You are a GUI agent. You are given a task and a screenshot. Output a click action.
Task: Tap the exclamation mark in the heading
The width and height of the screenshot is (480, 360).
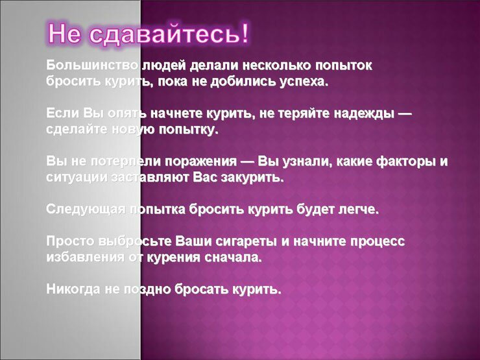pyautogui.click(x=245, y=32)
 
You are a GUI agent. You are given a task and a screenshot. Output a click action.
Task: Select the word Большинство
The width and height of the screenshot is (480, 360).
pyautogui.click(x=92, y=66)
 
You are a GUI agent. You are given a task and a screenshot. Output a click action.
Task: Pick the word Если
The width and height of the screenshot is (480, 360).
pyautogui.click(x=63, y=114)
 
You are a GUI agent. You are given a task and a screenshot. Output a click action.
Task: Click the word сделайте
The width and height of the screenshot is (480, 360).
pyautogui.click(x=77, y=130)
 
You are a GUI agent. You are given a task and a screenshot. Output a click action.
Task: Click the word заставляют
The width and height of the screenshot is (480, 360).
pyautogui.click(x=150, y=178)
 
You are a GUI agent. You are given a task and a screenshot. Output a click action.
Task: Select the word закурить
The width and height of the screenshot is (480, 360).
pyautogui.click(x=252, y=178)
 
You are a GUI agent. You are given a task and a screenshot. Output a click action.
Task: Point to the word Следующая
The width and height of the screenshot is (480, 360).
pyautogui.click(x=86, y=210)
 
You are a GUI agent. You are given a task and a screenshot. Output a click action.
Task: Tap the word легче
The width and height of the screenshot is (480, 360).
pyautogui.click(x=359, y=210)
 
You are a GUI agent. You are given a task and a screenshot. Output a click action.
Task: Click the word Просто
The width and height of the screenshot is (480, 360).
pyautogui.click(x=71, y=241)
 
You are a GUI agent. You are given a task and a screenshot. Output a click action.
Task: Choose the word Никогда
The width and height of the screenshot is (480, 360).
pyautogui.click(x=73, y=289)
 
